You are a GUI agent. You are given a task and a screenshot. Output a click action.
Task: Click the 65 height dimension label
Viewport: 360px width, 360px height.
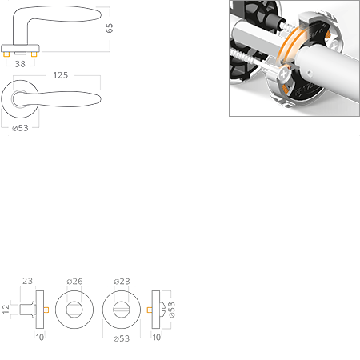(x=110, y=28)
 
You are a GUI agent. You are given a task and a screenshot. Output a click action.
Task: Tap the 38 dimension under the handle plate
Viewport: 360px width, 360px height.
(x=20, y=64)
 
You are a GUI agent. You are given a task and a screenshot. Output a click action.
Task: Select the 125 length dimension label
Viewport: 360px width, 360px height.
(x=61, y=75)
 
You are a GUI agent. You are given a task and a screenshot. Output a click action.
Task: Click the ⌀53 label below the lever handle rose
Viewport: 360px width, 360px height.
(x=20, y=128)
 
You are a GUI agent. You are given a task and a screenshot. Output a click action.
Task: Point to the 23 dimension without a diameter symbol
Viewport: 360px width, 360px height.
(x=27, y=281)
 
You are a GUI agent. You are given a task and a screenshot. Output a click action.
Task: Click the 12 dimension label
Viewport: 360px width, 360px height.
(x=6, y=309)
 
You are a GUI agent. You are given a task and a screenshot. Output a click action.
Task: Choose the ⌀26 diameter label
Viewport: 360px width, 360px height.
(x=74, y=282)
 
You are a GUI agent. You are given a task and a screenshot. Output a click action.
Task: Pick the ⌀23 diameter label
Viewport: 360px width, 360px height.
(x=122, y=282)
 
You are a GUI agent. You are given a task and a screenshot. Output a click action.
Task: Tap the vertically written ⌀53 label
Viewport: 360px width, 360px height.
(x=172, y=310)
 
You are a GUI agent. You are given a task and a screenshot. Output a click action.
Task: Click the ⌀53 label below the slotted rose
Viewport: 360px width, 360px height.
(x=122, y=338)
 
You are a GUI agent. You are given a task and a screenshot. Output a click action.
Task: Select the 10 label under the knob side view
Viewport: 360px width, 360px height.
(x=40, y=338)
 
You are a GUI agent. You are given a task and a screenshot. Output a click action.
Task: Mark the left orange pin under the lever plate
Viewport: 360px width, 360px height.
(x=6, y=54)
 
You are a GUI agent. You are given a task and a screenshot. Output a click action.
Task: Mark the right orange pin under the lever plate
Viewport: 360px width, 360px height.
(x=34, y=54)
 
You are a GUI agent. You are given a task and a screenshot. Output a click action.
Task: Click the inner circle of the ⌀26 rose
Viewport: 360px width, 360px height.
(x=74, y=302)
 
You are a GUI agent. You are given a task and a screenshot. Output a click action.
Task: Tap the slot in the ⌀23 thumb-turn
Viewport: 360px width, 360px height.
(x=122, y=310)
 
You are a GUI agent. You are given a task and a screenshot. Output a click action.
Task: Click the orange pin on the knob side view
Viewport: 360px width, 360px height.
(x=46, y=310)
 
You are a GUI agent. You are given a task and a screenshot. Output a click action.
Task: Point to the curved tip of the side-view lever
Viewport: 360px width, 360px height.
(x=101, y=14)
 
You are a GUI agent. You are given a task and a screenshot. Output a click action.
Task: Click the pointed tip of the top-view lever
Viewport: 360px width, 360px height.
(x=101, y=99)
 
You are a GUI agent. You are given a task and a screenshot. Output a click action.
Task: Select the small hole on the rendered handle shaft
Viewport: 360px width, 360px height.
(x=309, y=72)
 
